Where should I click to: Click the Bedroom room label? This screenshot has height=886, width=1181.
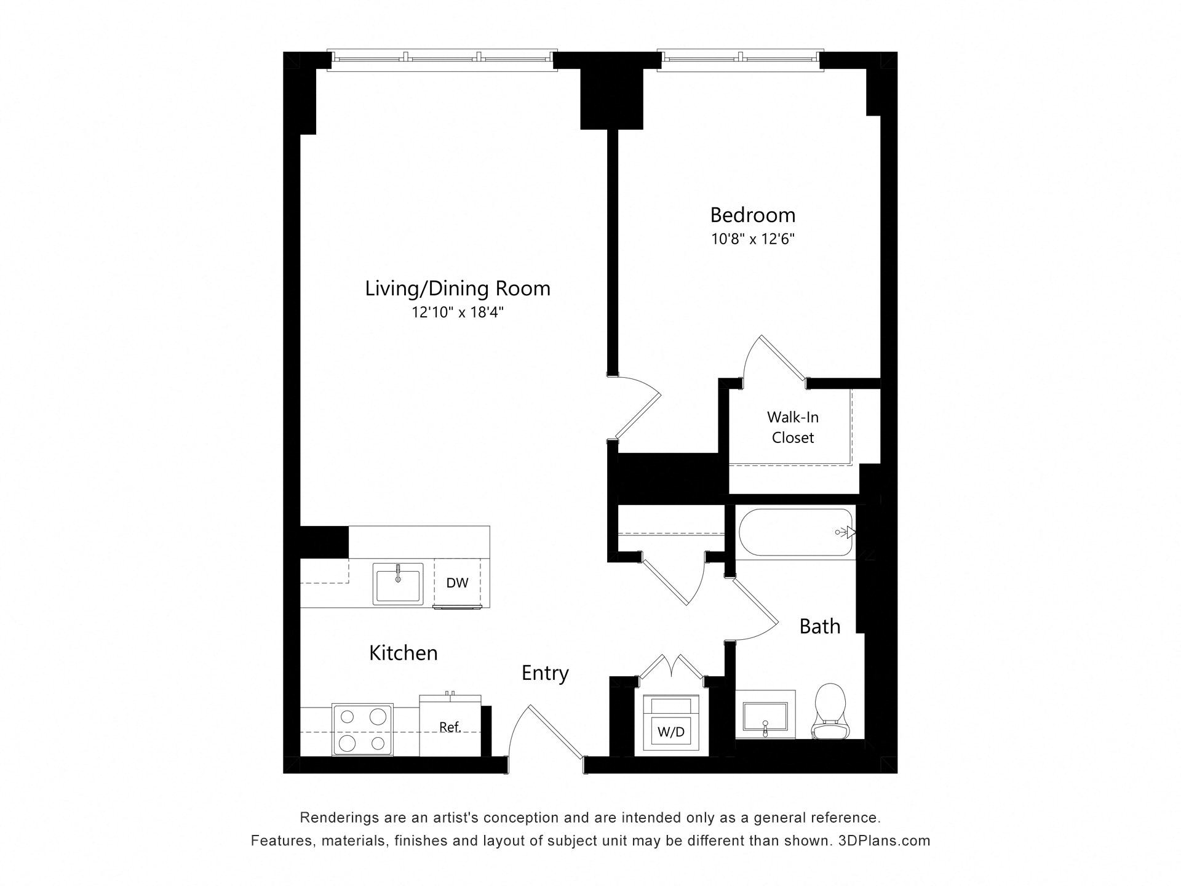click(x=752, y=215)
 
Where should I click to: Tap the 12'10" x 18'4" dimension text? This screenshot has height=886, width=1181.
click(x=458, y=313)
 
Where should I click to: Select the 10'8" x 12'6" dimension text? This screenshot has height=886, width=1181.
click(x=753, y=239)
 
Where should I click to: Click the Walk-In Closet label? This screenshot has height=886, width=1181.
click(x=792, y=428)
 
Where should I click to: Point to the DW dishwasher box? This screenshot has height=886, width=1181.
click(x=457, y=583)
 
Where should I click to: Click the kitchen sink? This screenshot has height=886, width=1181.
click(x=398, y=584)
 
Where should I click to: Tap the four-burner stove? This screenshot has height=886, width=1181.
click(x=362, y=729)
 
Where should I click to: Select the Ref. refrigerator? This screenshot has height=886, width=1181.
click(x=450, y=727)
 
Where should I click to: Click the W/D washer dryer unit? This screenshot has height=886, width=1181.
click(x=671, y=724)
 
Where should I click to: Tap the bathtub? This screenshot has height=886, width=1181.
click(x=795, y=533)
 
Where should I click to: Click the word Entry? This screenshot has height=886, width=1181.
click(x=545, y=673)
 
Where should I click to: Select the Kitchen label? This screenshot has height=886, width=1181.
click(x=403, y=653)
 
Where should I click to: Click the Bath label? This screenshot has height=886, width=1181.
click(x=819, y=626)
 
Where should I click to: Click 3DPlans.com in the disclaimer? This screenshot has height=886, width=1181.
click(x=884, y=840)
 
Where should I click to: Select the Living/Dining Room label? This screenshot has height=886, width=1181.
click(x=458, y=289)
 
